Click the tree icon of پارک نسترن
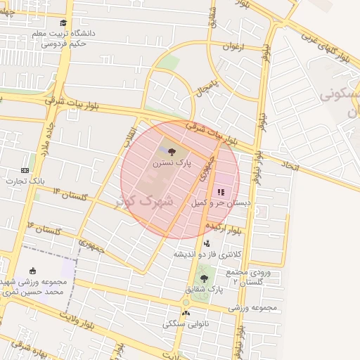click(x=172, y=150)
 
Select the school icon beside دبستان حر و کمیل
click(x=221, y=191)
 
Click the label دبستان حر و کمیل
click(x=221, y=202)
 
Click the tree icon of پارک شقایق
click(x=204, y=278)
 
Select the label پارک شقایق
click(x=204, y=289)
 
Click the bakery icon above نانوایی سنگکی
click(x=186, y=314)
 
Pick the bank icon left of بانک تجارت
click(x=25, y=170)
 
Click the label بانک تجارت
click(x=25, y=181)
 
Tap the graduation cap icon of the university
click(x=64, y=22)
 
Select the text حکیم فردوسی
click(x=63, y=44)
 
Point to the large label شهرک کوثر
click(x=146, y=200)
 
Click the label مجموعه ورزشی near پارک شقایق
click(x=253, y=308)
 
